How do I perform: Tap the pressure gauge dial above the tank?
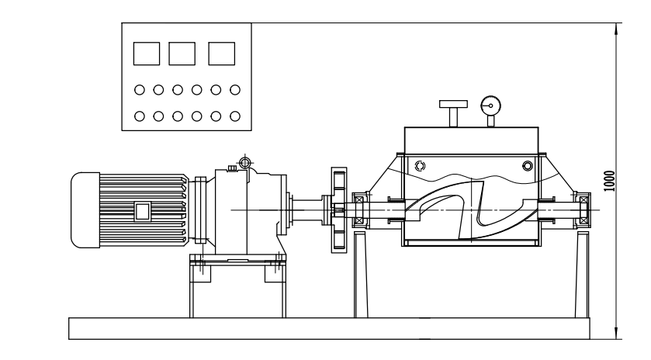pyautogui.click(x=489, y=105)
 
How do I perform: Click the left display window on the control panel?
pyautogui.click(x=146, y=53)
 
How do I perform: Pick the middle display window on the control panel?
pyautogui.click(x=182, y=53)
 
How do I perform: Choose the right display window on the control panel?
pyautogui.click(x=221, y=53)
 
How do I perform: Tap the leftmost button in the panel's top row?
pyautogui.click(x=139, y=90)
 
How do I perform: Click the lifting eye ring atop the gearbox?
pyautogui.click(x=245, y=162)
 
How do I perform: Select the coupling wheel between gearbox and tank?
pyautogui.click(x=337, y=209)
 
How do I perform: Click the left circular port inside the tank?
pyautogui.click(x=420, y=165)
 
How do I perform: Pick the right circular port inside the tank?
pyautogui.click(x=528, y=165)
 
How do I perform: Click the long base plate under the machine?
pyautogui.click(x=329, y=328)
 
